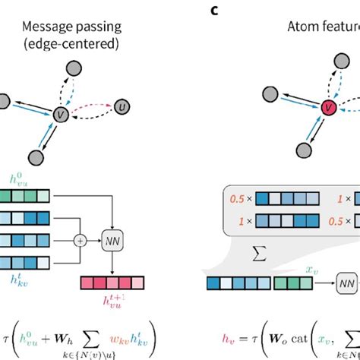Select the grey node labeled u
[122, 107]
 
